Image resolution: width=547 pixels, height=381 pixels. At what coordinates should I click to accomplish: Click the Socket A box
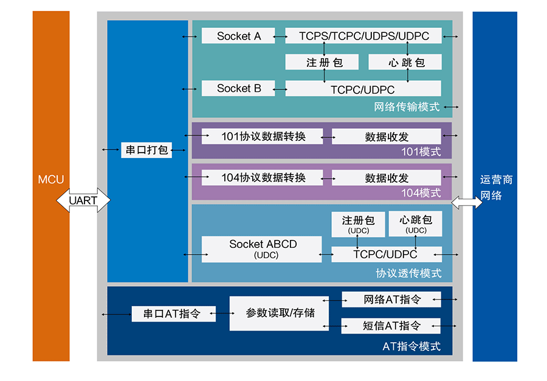coord(238,36)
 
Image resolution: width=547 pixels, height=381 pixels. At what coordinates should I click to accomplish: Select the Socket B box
coord(238,88)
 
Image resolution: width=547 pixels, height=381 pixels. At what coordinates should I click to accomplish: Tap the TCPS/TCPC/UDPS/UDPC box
coord(363,36)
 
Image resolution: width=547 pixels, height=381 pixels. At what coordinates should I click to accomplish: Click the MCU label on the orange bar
coord(50,179)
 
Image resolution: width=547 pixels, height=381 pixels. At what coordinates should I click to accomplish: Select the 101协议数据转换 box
coord(263,136)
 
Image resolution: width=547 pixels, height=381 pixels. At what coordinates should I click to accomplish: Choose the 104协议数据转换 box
coord(263,177)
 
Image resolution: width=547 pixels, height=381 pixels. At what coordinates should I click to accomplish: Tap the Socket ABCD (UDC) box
coord(263,249)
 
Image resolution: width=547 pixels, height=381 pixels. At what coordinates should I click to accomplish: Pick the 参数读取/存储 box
coord(279,313)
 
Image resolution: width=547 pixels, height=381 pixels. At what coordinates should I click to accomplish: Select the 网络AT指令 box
coord(391,299)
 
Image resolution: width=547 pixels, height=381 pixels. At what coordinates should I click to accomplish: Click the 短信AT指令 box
coord(391,326)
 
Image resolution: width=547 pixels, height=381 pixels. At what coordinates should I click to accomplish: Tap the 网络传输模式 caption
coord(407,107)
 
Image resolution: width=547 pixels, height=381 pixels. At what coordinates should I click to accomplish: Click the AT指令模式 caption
coord(411,347)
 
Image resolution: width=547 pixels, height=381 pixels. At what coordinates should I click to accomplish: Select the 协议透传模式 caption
coord(408,273)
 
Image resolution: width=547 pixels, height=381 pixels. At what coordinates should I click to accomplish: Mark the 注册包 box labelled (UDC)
coord(358,224)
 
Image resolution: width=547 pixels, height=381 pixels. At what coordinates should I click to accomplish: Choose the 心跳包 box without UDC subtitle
coord(405,62)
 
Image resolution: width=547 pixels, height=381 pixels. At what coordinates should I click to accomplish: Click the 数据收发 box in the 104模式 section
coord(387,177)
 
